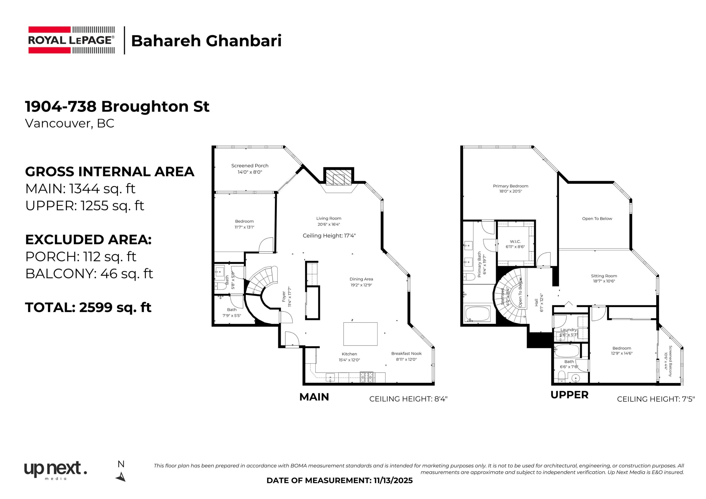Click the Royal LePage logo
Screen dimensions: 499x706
point(71,40)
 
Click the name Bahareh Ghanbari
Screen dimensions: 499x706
point(206,41)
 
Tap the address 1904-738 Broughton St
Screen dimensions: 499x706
point(117,107)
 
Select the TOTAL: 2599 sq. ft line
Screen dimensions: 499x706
point(88,307)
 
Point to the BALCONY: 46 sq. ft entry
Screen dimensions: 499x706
point(89,273)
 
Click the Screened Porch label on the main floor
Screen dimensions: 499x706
point(250,166)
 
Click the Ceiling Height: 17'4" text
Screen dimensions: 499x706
point(329,236)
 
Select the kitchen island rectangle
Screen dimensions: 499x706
point(360,334)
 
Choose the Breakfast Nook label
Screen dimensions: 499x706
point(406,354)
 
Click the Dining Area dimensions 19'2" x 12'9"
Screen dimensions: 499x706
point(361,285)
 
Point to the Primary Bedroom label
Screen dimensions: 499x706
point(510,186)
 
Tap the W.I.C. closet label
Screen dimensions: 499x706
point(515,242)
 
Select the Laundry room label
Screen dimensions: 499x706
point(569,330)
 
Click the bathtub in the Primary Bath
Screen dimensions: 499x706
point(477,314)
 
